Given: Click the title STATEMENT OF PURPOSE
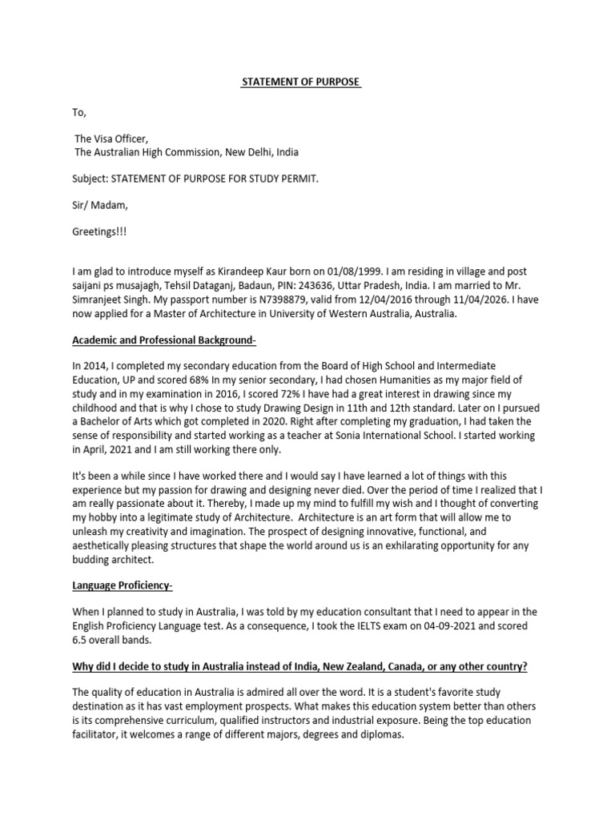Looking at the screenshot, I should [x=301, y=82].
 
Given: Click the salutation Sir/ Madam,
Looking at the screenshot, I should [x=100, y=205].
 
